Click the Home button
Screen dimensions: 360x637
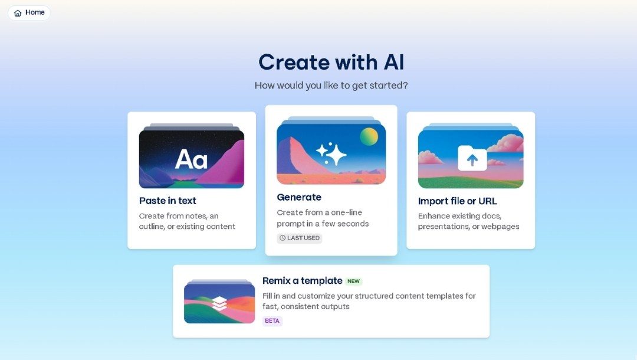pyautogui.click(x=29, y=12)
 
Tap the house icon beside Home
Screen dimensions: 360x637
pyautogui.click(x=18, y=13)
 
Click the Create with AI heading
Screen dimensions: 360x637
pyautogui.click(x=331, y=62)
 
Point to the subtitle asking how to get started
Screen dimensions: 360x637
pyautogui.click(x=331, y=86)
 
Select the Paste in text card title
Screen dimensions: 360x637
pyautogui.click(x=168, y=201)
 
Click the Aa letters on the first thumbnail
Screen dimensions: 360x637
pyautogui.click(x=191, y=159)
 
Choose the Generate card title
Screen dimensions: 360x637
pyautogui.click(x=299, y=197)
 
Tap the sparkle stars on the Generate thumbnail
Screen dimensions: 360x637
pyautogui.click(x=331, y=153)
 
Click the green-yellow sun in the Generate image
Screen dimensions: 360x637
pyautogui.click(x=369, y=137)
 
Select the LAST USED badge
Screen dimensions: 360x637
pyautogui.click(x=300, y=238)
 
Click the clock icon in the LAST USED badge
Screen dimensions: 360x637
pyautogui.click(x=283, y=238)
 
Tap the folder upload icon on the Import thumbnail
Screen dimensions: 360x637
pyautogui.click(x=472, y=158)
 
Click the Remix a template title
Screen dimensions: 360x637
pyautogui.click(x=302, y=281)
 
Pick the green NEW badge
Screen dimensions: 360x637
pyautogui.click(x=353, y=282)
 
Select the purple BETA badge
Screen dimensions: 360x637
pyautogui.click(x=272, y=321)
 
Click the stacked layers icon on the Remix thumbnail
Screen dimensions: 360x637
pyautogui.click(x=219, y=303)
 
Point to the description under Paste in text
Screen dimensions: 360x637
pyautogui.click(x=187, y=221)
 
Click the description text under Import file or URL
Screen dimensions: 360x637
pyautogui.click(x=468, y=221)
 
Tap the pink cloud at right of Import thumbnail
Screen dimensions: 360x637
pyautogui.click(x=507, y=143)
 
